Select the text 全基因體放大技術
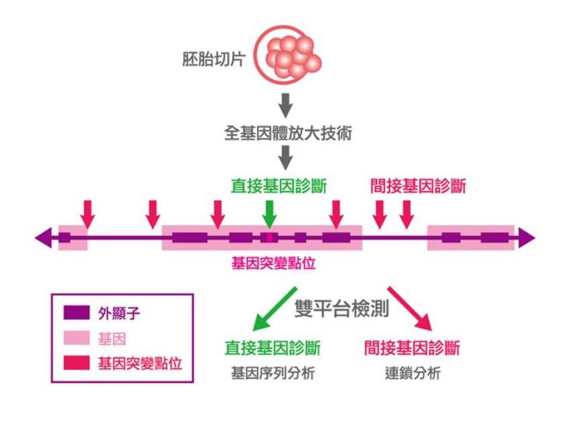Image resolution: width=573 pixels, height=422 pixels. point(287,132)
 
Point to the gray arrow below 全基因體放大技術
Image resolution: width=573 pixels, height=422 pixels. point(286,157)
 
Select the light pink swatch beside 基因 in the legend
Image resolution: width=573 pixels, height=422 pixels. point(76,339)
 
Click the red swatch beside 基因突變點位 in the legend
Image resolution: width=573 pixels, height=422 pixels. point(76,363)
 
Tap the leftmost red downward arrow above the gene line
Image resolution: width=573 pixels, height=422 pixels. point(87,213)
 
